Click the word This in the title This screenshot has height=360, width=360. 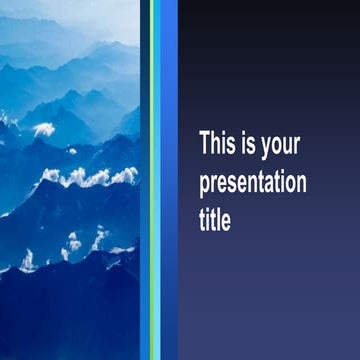[219, 144]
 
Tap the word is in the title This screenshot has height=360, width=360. [252, 144]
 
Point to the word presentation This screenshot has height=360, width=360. [253, 184]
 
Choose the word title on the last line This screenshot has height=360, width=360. [215, 221]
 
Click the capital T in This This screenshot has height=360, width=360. [205, 144]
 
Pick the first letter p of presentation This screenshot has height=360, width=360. [205, 187]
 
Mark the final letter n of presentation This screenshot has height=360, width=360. [301, 184]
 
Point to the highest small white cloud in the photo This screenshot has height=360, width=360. [42, 128]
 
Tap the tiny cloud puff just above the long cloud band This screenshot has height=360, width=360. [71, 151]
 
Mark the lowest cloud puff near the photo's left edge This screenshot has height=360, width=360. [27, 262]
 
